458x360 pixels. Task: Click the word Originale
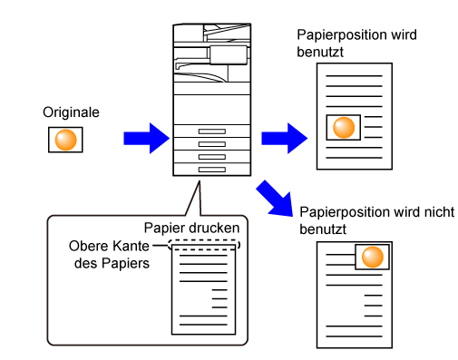(71, 112)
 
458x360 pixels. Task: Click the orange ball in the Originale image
(65, 140)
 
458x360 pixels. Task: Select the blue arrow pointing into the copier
(147, 138)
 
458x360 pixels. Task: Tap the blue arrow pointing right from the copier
(285, 138)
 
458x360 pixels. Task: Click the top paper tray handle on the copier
(212, 131)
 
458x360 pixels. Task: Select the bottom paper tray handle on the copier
(212, 170)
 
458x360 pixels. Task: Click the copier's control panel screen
(229, 55)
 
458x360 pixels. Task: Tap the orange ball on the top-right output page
(344, 128)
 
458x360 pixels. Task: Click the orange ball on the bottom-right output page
(373, 257)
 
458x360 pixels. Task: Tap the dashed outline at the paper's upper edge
(204, 245)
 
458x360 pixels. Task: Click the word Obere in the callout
(89, 246)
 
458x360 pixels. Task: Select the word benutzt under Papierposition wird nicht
(323, 229)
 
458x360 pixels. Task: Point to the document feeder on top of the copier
(212, 33)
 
